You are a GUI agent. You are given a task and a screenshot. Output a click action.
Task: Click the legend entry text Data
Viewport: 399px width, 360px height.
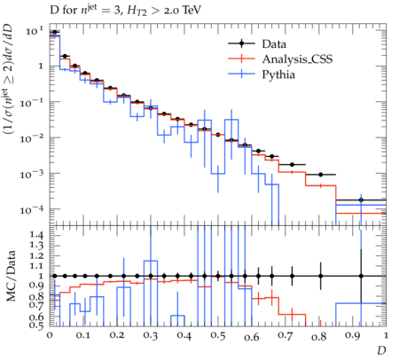(274, 44)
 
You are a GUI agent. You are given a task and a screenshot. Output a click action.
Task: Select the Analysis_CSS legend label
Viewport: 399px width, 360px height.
(297, 59)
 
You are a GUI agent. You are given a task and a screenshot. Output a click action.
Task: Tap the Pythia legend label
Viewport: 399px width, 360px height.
(278, 74)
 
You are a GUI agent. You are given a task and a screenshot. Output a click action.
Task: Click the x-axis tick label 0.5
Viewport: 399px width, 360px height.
(218, 335)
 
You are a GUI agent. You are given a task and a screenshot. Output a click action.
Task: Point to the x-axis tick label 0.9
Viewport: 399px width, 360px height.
(353, 336)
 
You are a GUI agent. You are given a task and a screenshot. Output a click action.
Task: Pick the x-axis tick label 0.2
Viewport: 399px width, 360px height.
(117, 335)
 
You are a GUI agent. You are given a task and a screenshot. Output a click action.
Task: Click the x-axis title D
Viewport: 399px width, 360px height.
(381, 350)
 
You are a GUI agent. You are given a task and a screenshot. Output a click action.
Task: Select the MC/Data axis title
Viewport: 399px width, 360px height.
(11, 276)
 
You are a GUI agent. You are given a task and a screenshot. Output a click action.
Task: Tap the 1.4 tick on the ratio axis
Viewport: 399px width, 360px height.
(36, 235)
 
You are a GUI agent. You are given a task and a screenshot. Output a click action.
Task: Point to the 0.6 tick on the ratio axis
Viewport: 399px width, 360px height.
(36, 317)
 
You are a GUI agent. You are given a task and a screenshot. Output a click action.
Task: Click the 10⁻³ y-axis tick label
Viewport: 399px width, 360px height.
(32, 174)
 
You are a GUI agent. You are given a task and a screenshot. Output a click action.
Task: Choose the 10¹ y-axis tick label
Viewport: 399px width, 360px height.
(35, 31)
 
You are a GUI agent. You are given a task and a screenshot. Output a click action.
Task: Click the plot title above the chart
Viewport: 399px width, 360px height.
(126, 11)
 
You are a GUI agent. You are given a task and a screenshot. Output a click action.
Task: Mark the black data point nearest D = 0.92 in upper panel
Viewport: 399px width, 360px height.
(361, 200)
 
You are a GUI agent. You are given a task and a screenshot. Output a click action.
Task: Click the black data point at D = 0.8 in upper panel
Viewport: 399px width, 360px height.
(321, 175)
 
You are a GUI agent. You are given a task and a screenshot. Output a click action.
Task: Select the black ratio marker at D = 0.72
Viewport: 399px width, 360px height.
(293, 276)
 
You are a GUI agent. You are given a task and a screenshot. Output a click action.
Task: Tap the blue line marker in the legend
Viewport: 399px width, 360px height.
(241, 74)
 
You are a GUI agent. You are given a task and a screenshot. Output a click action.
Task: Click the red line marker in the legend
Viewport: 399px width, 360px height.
(241, 59)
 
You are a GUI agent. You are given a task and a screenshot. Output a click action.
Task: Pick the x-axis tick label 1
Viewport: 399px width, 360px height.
(385, 335)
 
